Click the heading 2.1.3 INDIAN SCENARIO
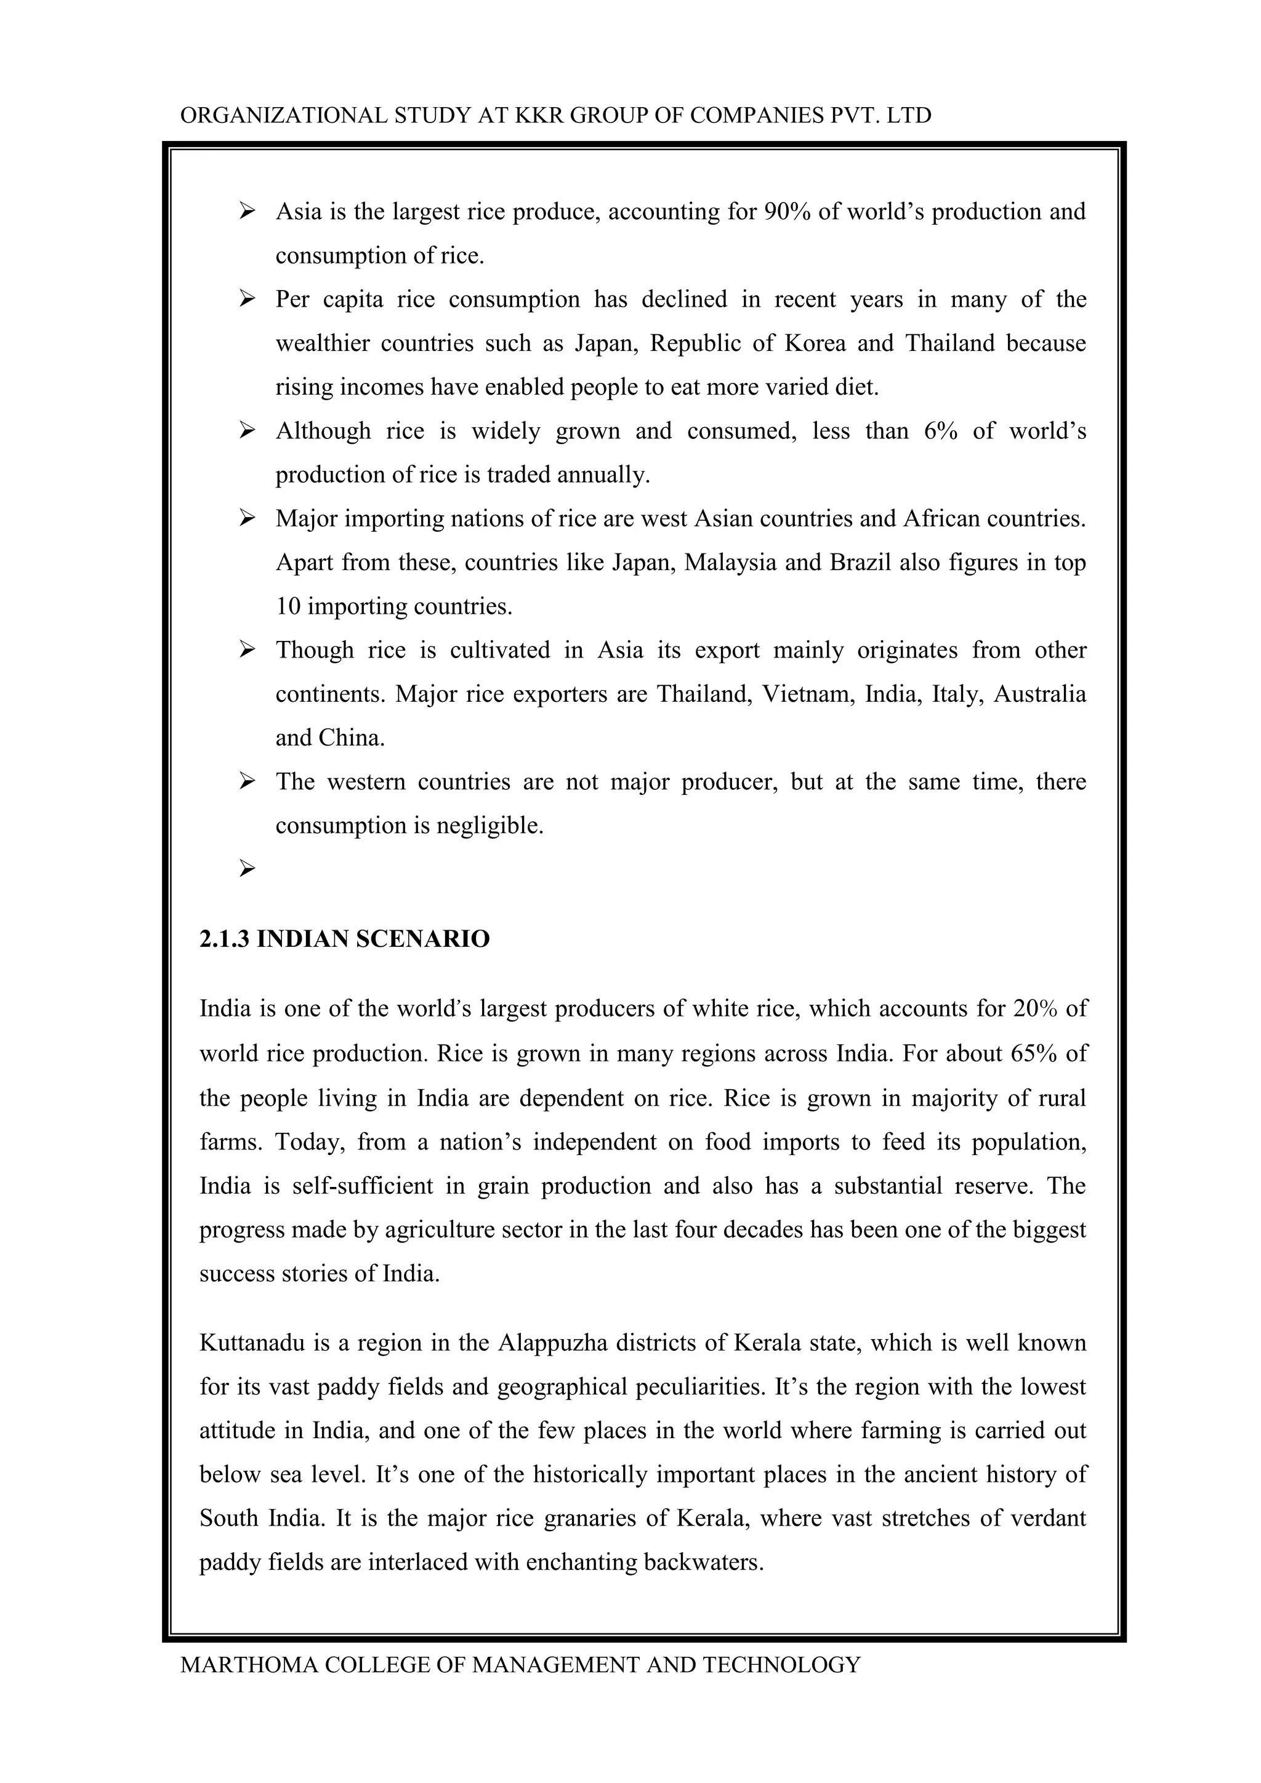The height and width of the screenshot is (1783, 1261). click(344, 939)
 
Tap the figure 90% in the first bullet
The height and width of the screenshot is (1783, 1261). click(788, 211)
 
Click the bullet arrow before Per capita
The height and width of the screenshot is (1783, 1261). click(247, 299)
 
